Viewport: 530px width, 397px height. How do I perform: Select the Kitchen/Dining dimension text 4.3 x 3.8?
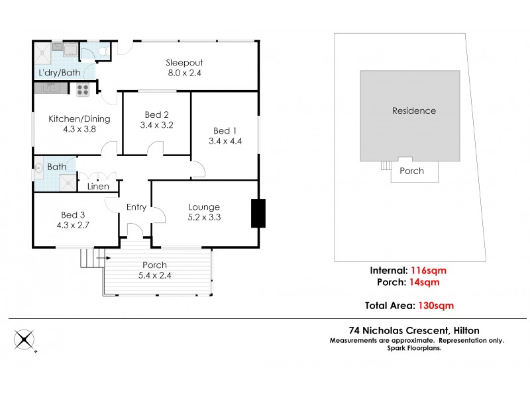tap(79, 130)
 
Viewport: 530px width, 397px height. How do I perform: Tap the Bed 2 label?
tap(157, 114)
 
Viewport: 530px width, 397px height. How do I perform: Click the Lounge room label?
tap(203, 207)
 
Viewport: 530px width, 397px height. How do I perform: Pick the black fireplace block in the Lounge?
tap(258, 213)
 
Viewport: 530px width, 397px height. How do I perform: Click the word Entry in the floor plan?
tap(136, 207)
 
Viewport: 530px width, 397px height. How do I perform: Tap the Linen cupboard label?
tap(97, 187)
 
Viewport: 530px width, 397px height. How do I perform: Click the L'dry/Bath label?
tap(56, 71)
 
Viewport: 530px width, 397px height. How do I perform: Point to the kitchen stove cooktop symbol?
tap(83, 89)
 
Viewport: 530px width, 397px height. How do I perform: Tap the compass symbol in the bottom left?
tap(25, 340)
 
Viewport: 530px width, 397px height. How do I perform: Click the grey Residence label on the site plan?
tap(413, 110)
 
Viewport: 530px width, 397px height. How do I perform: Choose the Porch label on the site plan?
tap(412, 171)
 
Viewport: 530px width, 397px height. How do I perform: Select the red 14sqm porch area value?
tap(425, 282)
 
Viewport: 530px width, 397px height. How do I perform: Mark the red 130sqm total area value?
tap(435, 305)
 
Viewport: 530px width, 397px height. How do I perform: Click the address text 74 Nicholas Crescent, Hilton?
tap(414, 330)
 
